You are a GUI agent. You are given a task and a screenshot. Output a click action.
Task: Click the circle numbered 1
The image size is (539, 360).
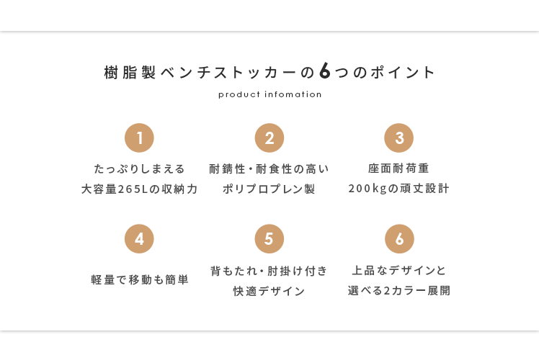(x=139, y=138)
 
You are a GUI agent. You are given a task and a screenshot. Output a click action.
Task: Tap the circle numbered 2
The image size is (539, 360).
(x=269, y=138)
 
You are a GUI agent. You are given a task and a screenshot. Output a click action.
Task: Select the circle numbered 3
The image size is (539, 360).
(x=398, y=138)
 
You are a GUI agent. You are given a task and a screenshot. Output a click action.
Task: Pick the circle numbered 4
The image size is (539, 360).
(x=139, y=239)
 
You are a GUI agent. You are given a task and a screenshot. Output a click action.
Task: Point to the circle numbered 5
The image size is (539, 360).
(x=269, y=239)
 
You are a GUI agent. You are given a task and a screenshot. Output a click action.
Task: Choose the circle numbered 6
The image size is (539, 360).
(x=399, y=239)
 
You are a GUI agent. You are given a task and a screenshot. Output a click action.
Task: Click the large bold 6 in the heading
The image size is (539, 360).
(x=324, y=71)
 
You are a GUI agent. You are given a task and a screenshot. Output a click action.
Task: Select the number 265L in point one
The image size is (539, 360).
(x=130, y=189)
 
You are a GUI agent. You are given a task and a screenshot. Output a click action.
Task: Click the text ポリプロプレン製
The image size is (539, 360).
(x=269, y=189)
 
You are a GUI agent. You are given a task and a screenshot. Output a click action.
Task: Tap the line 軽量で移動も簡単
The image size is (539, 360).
(x=140, y=279)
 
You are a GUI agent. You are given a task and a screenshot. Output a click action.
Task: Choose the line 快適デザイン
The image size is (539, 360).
(x=269, y=292)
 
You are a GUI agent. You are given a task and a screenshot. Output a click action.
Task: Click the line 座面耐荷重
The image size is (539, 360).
(x=398, y=168)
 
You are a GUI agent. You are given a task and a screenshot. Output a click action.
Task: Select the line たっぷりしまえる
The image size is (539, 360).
(x=140, y=168)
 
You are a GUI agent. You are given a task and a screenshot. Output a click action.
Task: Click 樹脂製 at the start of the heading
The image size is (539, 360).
(x=130, y=73)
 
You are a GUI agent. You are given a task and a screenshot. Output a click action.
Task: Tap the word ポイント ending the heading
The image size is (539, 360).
(x=403, y=73)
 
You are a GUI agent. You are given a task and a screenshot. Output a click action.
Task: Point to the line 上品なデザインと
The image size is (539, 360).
(x=398, y=271)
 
